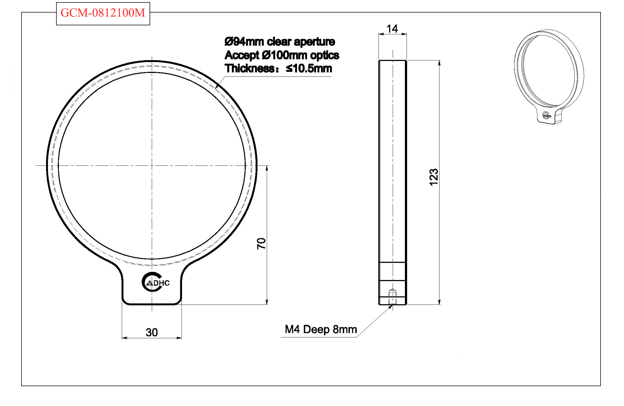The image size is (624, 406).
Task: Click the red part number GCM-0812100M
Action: [x=103, y=13]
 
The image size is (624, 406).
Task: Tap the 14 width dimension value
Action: [x=392, y=29]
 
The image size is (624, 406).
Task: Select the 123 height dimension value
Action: [x=434, y=177]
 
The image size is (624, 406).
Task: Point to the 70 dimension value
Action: [x=261, y=244]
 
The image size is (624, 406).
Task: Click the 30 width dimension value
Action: [x=152, y=332]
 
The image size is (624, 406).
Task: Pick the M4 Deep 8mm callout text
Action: [x=321, y=329]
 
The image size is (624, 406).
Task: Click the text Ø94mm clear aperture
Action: [x=280, y=42]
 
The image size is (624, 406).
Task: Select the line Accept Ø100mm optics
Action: [x=282, y=55]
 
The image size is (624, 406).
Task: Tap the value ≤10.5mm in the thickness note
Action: [x=309, y=68]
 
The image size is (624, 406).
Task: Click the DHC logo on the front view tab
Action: [x=156, y=282]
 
